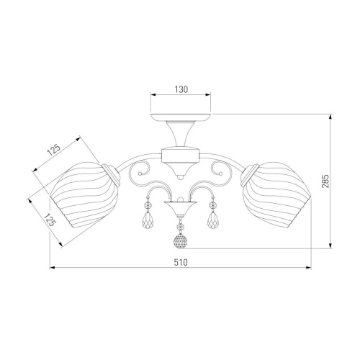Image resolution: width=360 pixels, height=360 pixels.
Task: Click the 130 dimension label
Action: (x=181, y=89)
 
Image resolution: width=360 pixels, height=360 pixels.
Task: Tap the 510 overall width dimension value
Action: (x=181, y=263)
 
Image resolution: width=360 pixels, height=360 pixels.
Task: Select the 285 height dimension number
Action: (x=325, y=181)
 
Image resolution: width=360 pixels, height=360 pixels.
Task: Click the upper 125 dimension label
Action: (x=53, y=150)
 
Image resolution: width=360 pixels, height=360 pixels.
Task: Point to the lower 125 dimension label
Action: (x=50, y=220)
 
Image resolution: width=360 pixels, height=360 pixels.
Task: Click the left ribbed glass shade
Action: (x=84, y=194)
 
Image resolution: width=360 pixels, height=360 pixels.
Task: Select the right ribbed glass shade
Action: (x=276, y=194)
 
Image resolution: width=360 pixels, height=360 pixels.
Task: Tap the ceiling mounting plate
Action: (x=181, y=117)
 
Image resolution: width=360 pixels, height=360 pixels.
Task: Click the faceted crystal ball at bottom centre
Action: (x=180, y=241)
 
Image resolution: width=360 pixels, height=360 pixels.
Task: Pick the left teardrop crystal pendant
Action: (x=148, y=221)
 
